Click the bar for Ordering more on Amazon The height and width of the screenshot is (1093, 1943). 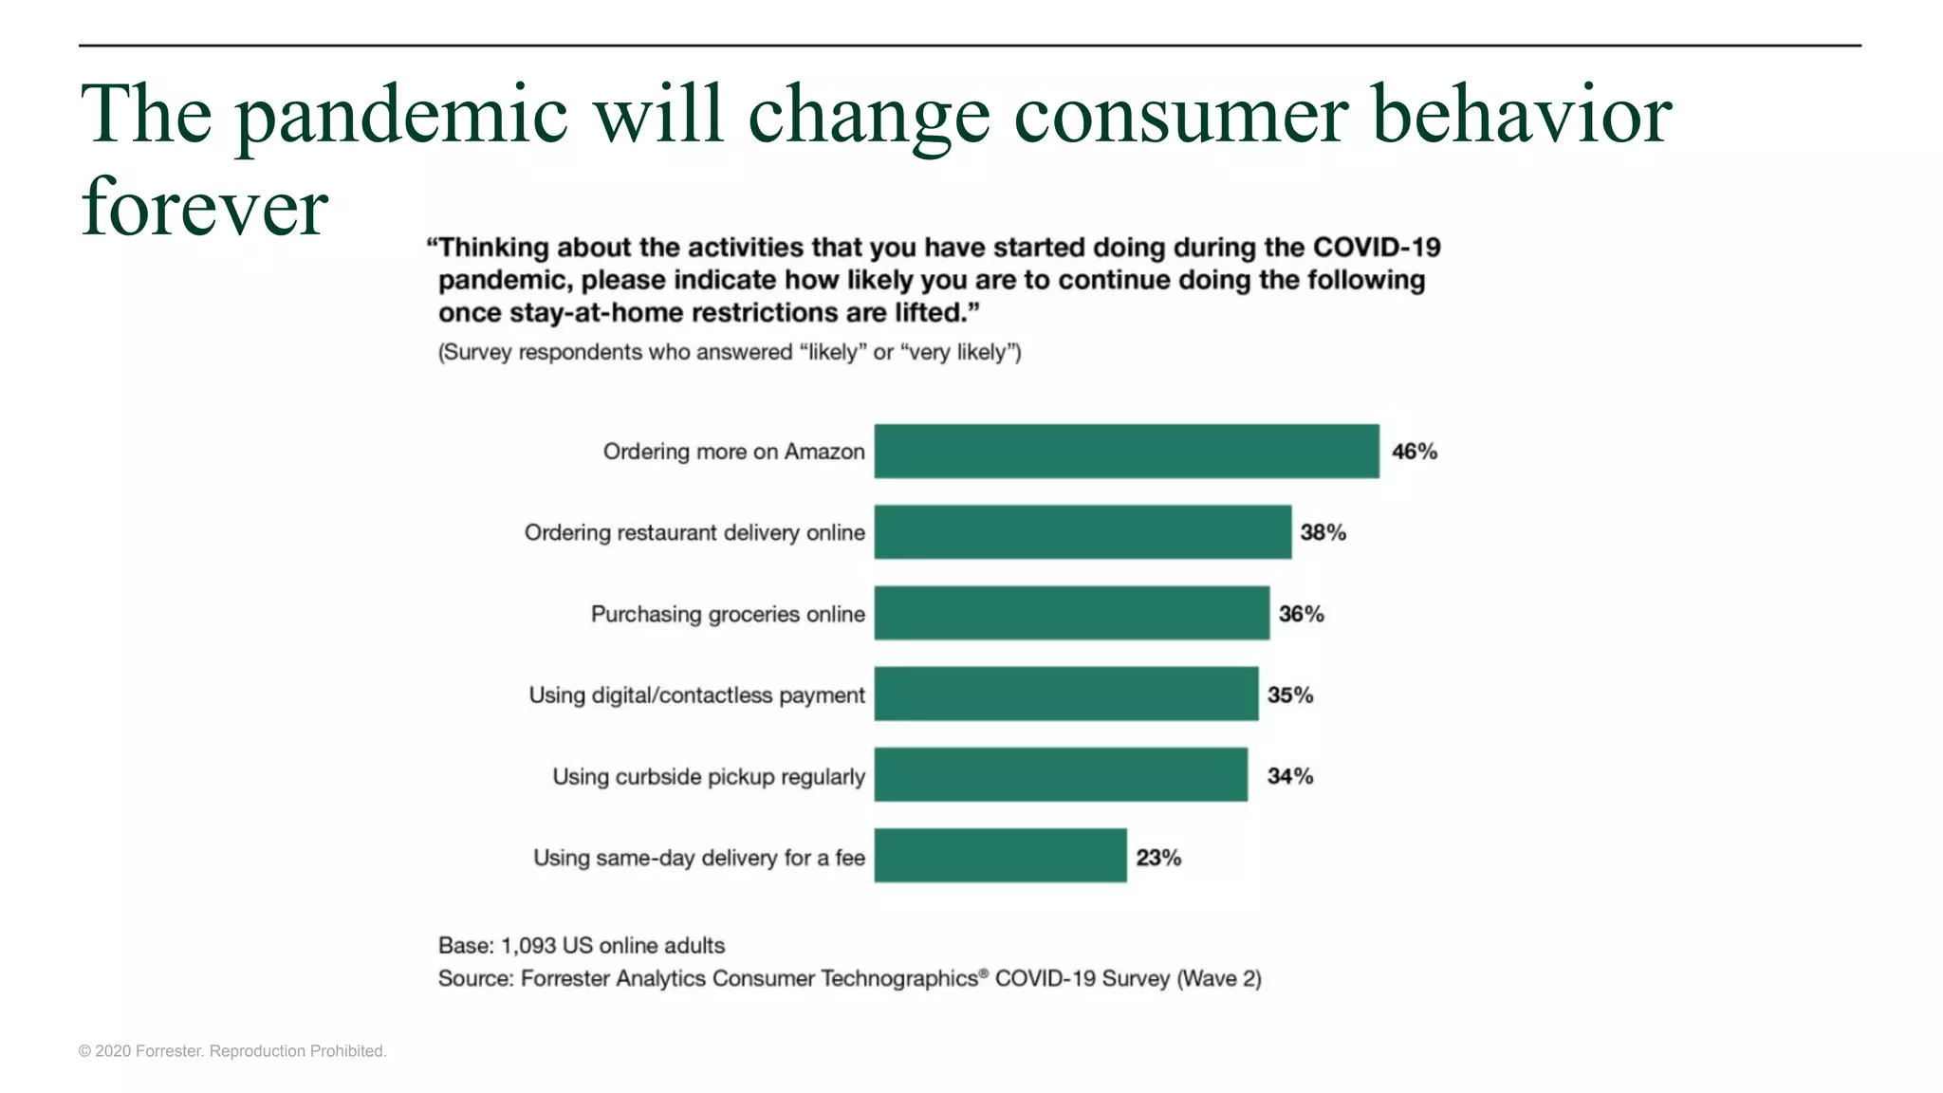coord(1126,452)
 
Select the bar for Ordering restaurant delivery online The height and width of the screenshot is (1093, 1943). coord(1083,532)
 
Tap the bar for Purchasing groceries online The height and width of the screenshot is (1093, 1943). coord(1071,614)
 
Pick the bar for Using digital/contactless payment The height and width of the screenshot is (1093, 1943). coord(1065,695)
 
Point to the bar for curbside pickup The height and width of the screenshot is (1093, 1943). coord(1061,775)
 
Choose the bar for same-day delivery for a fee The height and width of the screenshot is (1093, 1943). coord(1000,857)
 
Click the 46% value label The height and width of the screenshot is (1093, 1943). coord(1414,452)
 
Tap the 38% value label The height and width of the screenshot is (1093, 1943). coord(1323,532)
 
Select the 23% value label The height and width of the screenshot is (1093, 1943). coord(1158,858)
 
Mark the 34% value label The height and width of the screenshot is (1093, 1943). coord(1289,776)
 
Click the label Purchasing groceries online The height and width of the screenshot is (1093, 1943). coord(728,614)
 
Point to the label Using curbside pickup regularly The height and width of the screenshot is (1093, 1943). coord(708,776)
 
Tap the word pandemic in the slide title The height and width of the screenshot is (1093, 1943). coord(401,116)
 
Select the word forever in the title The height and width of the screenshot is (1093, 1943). coord(204,207)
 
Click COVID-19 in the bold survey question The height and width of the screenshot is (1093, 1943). coord(1376,248)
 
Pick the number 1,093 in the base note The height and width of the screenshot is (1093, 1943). coord(527,945)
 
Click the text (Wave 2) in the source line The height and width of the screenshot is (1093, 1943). coord(1218,978)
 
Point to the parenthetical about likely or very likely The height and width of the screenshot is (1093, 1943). coord(729,352)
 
